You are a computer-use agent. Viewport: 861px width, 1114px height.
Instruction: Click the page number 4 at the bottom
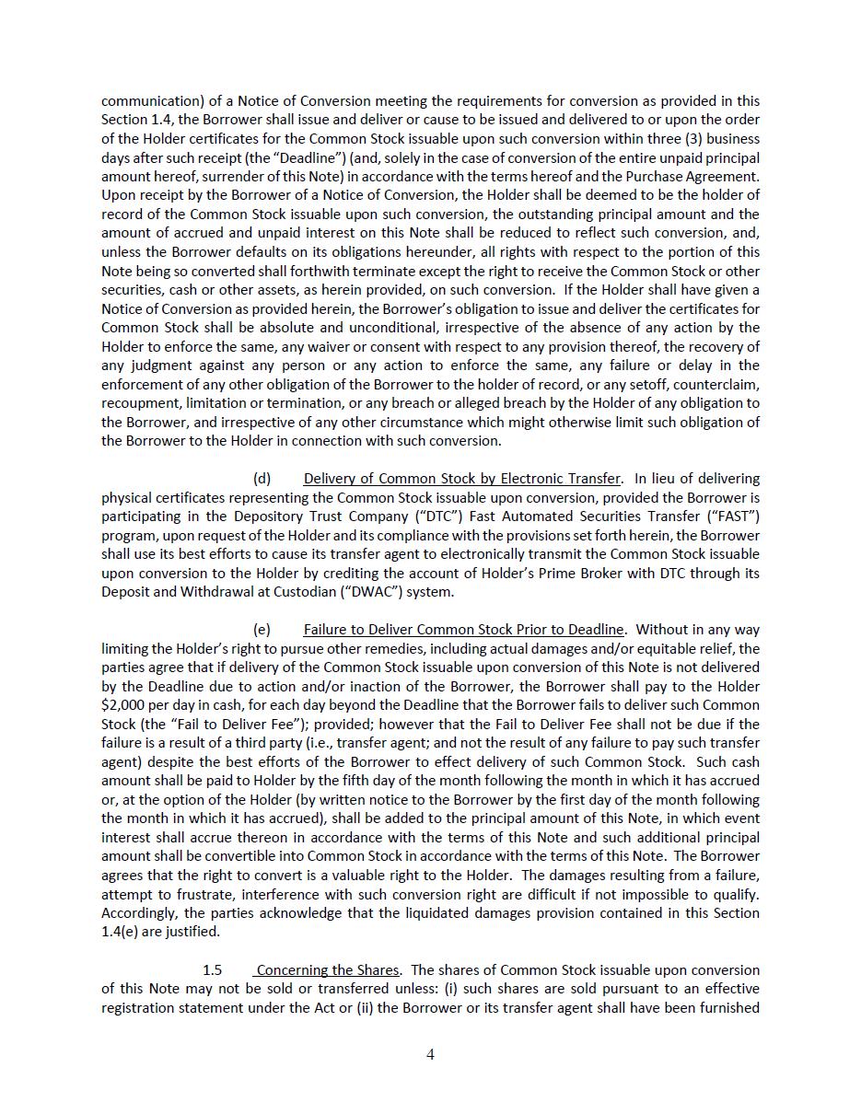click(430, 1054)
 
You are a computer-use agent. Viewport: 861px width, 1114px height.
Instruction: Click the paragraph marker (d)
click(262, 479)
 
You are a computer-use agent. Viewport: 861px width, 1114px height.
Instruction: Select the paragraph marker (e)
click(262, 630)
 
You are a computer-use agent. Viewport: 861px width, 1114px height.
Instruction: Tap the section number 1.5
click(213, 970)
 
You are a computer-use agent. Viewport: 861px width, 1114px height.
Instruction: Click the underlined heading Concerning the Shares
click(328, 970)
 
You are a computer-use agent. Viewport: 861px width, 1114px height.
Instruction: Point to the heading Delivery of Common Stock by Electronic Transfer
click(461, 479)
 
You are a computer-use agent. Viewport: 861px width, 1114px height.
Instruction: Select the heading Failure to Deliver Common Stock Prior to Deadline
click(464, 630)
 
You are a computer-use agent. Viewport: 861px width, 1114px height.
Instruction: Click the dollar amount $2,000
click(124, 705)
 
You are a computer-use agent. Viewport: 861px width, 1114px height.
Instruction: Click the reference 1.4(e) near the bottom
click(122, 932)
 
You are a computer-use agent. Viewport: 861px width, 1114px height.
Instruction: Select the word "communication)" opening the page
click(147, 101)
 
